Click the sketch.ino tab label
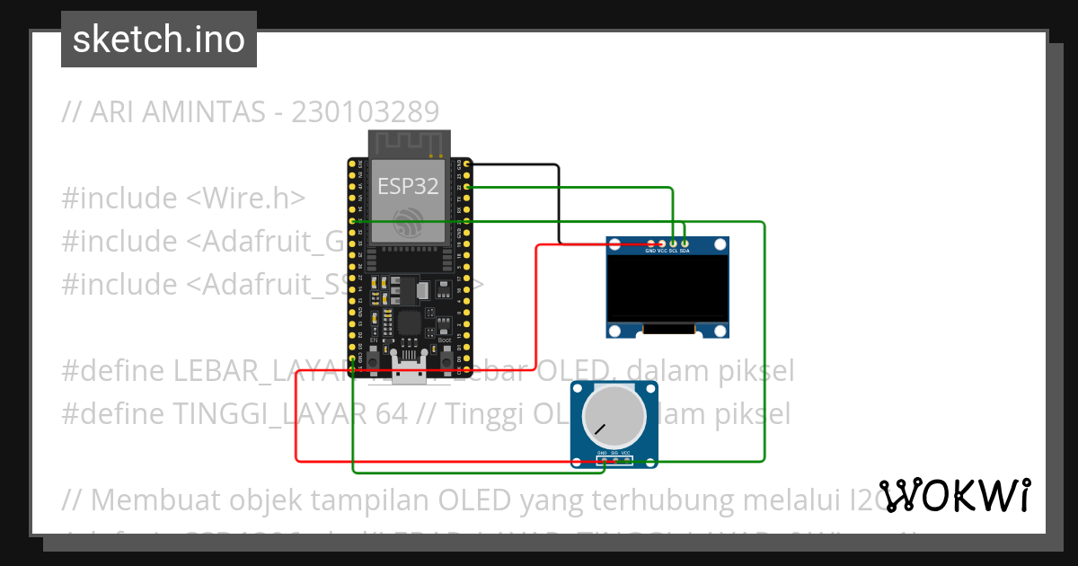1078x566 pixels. tap(159, 40)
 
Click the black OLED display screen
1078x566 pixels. tap(667, 287)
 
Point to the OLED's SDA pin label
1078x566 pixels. tap(685, 252)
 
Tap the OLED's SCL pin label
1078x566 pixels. tap(674, 252)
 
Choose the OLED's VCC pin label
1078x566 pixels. tap(662, 252)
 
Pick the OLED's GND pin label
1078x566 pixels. tap(650, 252)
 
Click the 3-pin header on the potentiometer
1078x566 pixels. tap(614, 460)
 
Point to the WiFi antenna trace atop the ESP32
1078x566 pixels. tap(410, 142)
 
